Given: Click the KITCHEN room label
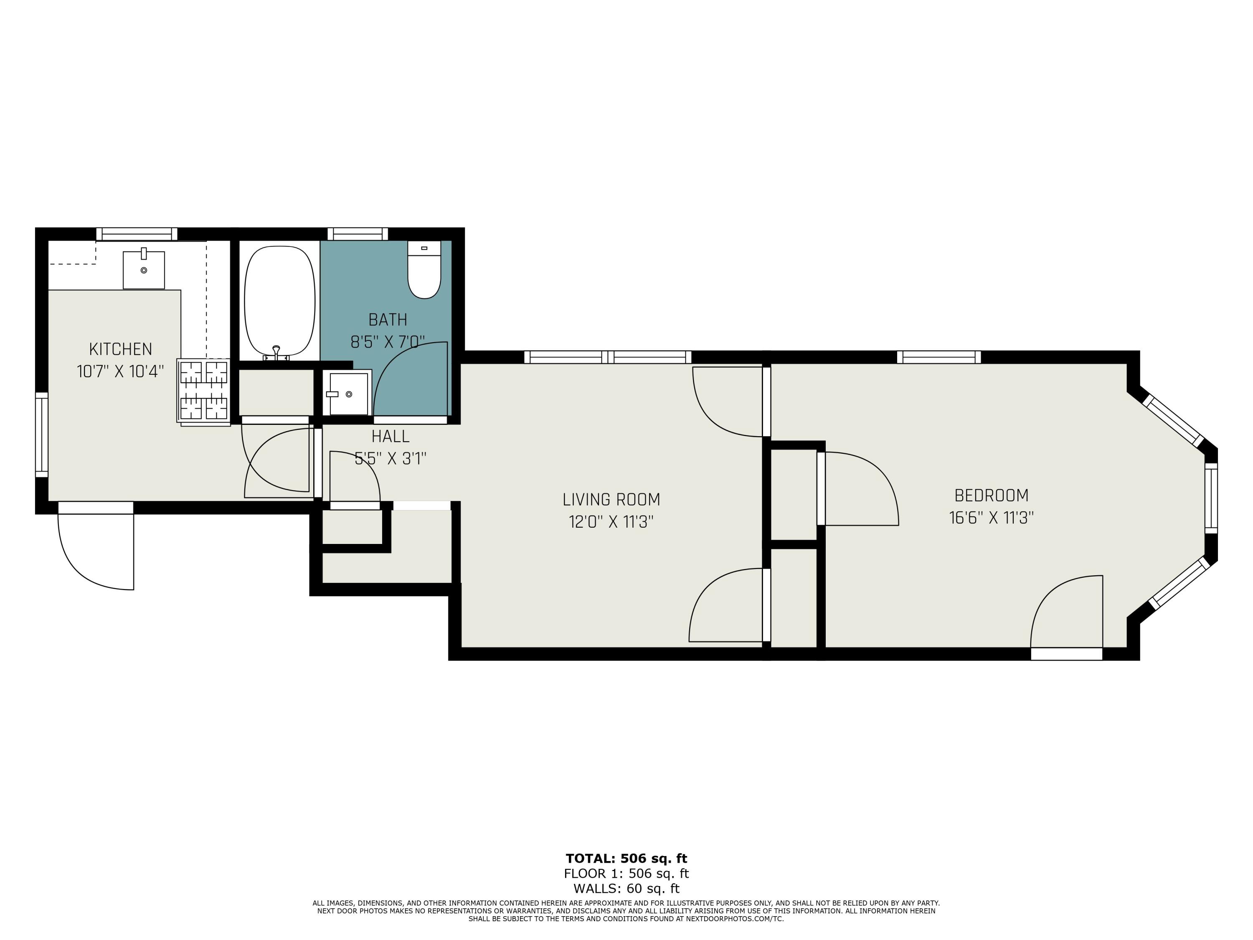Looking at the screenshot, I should [x=121, y=349].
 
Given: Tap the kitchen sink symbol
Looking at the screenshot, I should [x=144, y=270].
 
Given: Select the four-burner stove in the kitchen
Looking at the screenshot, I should [x=204, y=391].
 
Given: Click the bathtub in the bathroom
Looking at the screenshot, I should [x=279, y=301].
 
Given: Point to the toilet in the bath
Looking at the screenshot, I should [x=424, y=270].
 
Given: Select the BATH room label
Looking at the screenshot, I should [x=388, y=320].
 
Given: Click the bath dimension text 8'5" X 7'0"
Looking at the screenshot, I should [x=388, y=342].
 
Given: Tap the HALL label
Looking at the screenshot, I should [x=390, y=436].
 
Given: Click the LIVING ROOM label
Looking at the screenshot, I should [x=611, y=500].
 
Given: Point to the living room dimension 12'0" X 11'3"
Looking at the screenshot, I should [x=611, y=522].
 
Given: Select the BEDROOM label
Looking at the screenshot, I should [x=991, y=496].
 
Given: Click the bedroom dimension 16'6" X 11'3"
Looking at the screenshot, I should [x=991, y=518].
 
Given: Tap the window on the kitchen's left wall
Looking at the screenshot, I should [x=41, y=434].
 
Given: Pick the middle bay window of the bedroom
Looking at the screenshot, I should [x=1210, y=498].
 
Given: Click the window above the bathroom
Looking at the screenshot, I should [x=358, y=234].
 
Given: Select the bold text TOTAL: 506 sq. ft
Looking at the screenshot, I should [x=626, y=859].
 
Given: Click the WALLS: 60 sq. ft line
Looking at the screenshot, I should [x=626, y=889].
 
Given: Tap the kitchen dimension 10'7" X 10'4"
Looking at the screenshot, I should [x=121, y=372].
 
